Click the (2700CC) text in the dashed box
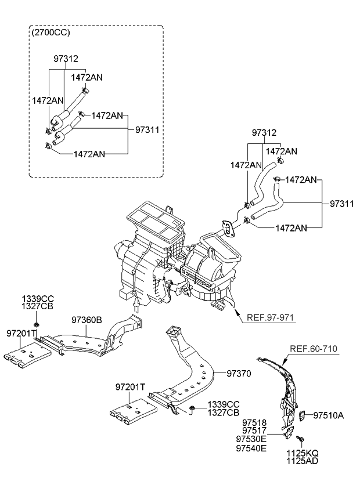pyautogui.click(x=52, y=32)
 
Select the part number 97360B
pyautogui.click(x=87, y=319)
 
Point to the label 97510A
pyautogui.click(x=329, y=415)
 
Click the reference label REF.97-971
pyautogui.click(x=272, y=317)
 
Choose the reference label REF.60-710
pyautogui.click(x=314, y=348)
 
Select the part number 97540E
pyautogui.click(x=251, y=448)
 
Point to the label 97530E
pyautogui.click(x=251, y=439)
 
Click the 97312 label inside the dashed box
pyautogui.click(x=66, y=59)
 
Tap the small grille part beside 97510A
pyautogui.click(x=302, y=415)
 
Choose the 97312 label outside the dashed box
pyautogui.click(x=264, y=132)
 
